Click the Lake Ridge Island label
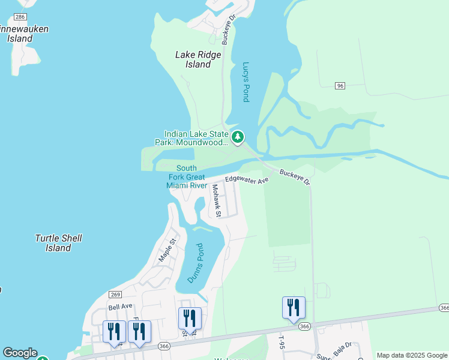tap(198, 59)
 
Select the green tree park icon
tap(238, 137)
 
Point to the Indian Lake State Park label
tap(196, 138)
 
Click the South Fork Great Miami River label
tap(186, 177)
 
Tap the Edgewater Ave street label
tap(247, 179)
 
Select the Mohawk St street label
tap(217, 200)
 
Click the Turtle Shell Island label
tap(58, 243)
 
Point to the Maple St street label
tap(167, 250)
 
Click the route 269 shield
tap(116, 294)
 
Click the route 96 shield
tap(340, 86)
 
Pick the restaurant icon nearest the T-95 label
tap(294, 308)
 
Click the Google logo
tap(19, 353)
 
